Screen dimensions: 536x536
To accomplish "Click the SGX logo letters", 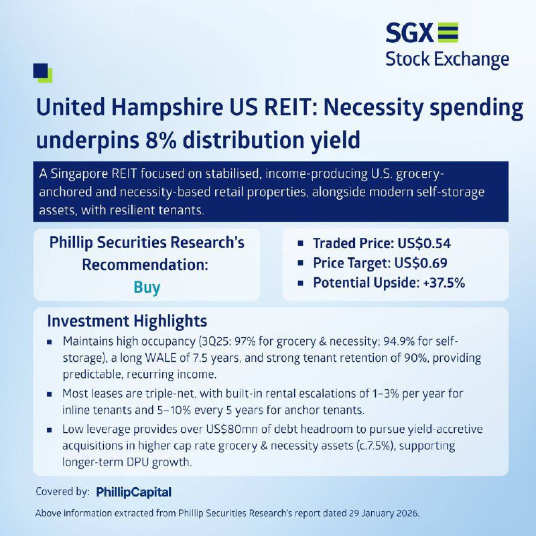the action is point(409,33).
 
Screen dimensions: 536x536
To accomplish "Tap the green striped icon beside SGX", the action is point(448,33).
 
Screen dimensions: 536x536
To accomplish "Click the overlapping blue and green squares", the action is point(43,73).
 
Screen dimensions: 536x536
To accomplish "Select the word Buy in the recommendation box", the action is point(147,287).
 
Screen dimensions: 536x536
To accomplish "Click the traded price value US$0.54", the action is point(424,243).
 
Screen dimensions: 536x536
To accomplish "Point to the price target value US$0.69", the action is point(421,263).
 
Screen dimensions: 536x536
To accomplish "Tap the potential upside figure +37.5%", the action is point(444,283).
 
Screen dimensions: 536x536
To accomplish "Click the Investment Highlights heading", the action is point(127,322).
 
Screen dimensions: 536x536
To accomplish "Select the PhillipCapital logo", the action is point(133,492).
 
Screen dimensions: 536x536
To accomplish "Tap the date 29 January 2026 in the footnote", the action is point(383,513).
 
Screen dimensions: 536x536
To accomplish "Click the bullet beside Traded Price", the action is point(300,243).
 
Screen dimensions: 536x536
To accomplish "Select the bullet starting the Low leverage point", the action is point(50,429).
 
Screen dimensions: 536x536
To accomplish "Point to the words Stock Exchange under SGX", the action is point(447,59).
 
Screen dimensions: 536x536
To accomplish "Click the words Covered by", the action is point(62,492).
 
